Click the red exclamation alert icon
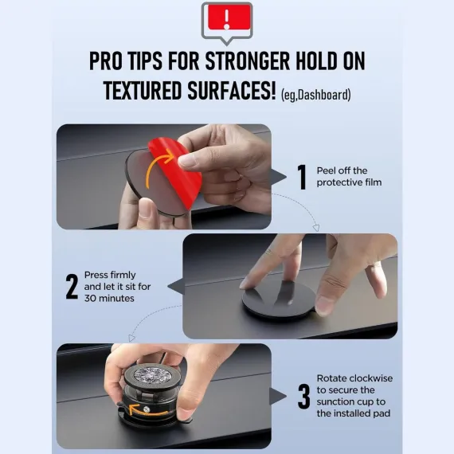227,22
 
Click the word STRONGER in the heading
247,61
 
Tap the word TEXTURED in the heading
142,90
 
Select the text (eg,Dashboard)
316,95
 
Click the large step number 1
302,177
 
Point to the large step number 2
72,287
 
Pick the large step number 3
303,397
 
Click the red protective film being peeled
179,170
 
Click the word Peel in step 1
325,170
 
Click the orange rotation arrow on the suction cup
147,410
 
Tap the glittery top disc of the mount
148,376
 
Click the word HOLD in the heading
316,61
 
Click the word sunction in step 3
335,401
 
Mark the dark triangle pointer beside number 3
278,396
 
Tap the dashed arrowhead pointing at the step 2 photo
316,228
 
